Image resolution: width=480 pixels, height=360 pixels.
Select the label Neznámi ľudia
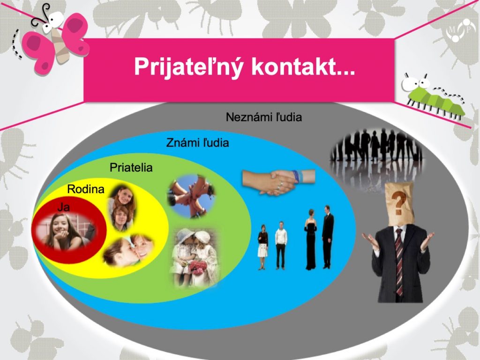click(264, 117)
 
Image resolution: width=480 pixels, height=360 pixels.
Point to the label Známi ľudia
click(197, 142)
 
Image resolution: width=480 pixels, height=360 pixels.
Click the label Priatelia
click(131, 167)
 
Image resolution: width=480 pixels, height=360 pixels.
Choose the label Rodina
click(86, 189)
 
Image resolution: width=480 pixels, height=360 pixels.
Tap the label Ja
click(64, 207)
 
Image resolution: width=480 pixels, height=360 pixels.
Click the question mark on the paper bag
click(398, 202)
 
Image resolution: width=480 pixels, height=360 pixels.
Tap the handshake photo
click(278, 182)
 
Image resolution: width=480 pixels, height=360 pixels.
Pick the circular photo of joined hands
click(191, 196)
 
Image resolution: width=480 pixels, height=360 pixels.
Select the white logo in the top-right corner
click(458, 30)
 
